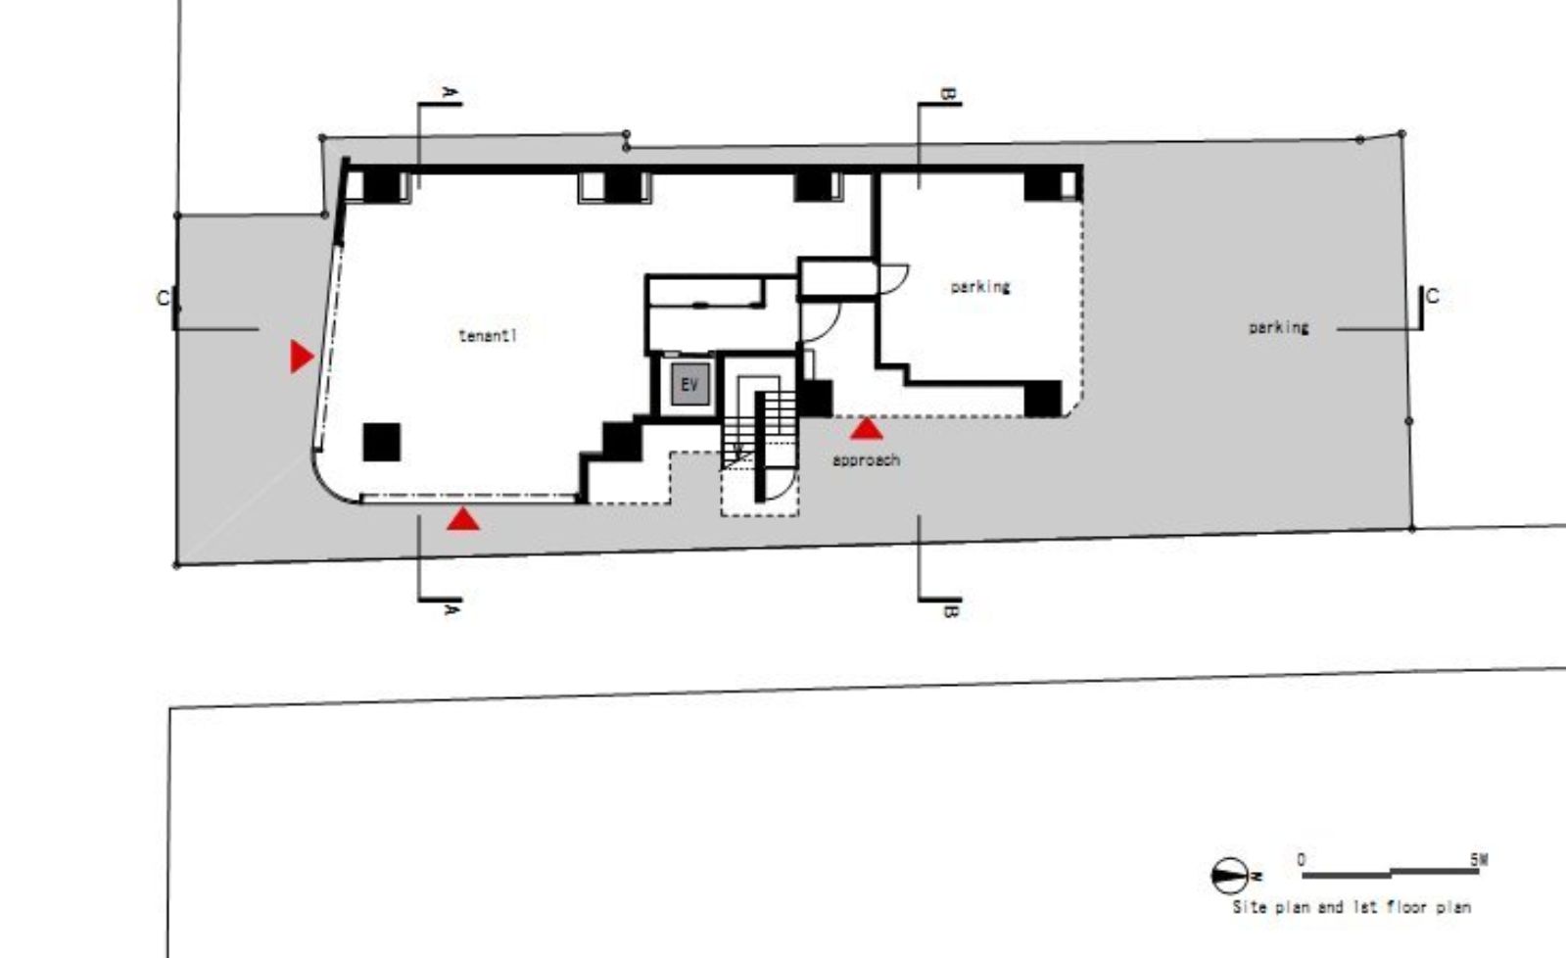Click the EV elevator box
point(690,384)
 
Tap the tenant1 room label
point(488,336)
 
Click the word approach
point(866,460)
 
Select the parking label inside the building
point(980,287)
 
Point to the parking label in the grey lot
point(1279,327)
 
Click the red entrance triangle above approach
point(867,429)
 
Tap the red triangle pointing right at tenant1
point(302,356)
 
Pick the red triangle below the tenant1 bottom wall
point(463,519)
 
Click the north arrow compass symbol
point(1230,876)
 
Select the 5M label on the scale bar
point(1479,859)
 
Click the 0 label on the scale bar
point(1301,859)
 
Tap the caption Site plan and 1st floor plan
point(1352,907)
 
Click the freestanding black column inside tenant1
point(382,442)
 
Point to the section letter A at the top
point(451,92)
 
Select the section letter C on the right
point(1433,297)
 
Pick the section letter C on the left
point(163,299)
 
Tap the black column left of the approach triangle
point(815,399)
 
